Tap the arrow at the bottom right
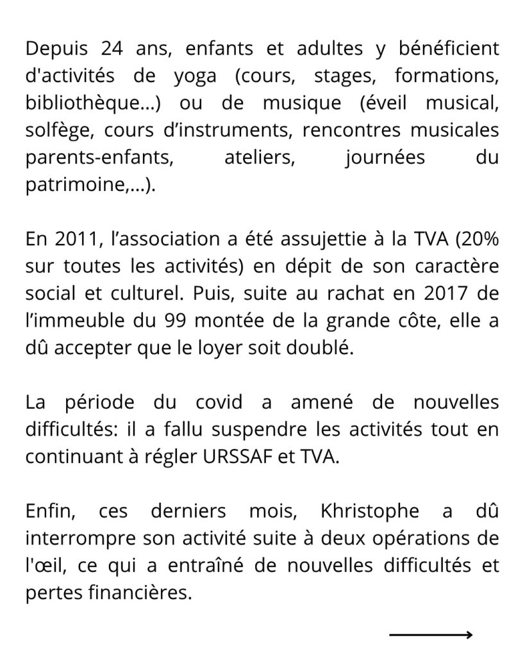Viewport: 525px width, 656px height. (x=430, y=635)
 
